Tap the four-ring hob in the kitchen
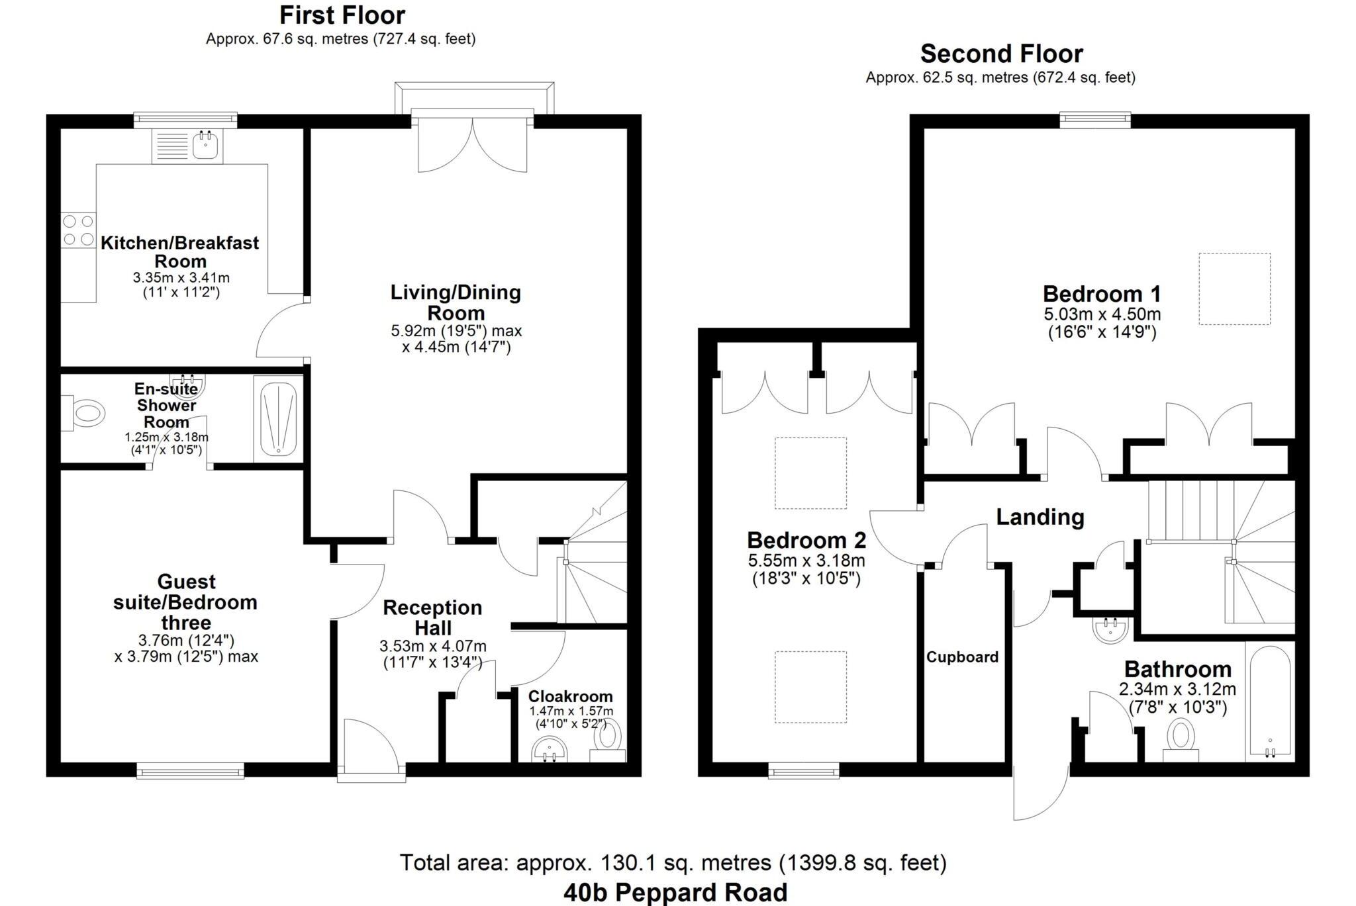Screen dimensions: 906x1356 coord(78,230)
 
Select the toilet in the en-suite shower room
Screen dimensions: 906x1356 coord(85,414)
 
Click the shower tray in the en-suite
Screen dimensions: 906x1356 coord(278,420)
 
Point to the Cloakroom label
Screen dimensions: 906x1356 coord(570,696)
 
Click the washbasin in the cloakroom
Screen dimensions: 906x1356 coord(550,750)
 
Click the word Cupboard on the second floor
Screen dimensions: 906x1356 coord(962,657)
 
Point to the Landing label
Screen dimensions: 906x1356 coord(1040,517)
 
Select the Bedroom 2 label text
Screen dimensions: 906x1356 coord(806,540)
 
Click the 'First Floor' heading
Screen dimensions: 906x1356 coord(342,15)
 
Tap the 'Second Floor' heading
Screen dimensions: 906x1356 coord(1001,53)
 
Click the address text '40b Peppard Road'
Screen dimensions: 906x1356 coord(675,892)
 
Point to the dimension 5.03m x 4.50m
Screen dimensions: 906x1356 coord(1102,314)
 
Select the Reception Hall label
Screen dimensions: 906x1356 coord(432,617)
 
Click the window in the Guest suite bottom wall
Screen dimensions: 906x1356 coord(190,770)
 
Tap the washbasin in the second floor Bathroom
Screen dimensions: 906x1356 coord(1110,630)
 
